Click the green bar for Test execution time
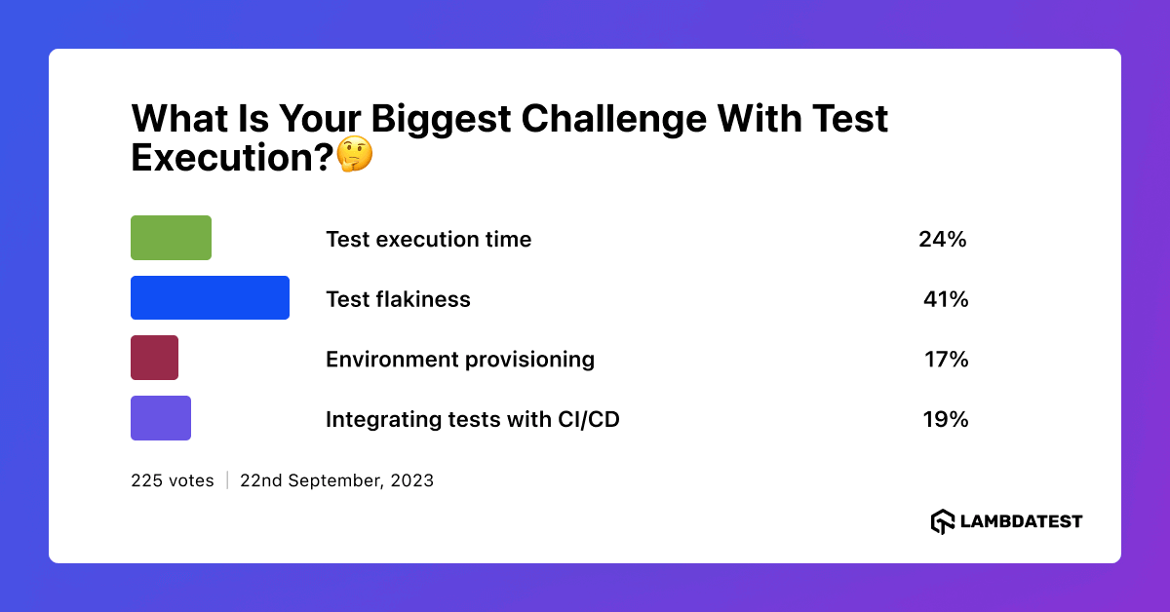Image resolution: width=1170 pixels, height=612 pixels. point(171,238)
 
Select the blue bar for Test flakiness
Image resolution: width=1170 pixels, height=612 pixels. point(210,298)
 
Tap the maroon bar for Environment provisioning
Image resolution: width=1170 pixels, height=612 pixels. point(154,358)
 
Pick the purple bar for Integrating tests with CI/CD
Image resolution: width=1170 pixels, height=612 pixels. point(161,418)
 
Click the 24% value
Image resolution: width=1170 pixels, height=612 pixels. point(942,240)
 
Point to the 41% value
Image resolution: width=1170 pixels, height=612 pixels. point(945,300)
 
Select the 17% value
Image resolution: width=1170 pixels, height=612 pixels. point(946,360)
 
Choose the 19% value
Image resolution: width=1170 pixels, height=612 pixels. point(945,420)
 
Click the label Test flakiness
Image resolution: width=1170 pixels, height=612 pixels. point(398,300)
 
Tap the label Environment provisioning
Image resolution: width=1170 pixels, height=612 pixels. point(459,360)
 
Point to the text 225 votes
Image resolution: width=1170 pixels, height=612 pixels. point(172,480)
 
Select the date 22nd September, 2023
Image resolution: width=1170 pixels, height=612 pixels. point(336,480)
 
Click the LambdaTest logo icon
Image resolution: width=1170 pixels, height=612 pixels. point(942,521)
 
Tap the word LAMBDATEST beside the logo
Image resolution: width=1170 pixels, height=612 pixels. point(1021,521)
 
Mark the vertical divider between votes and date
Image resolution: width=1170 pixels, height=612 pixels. point(227,480)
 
